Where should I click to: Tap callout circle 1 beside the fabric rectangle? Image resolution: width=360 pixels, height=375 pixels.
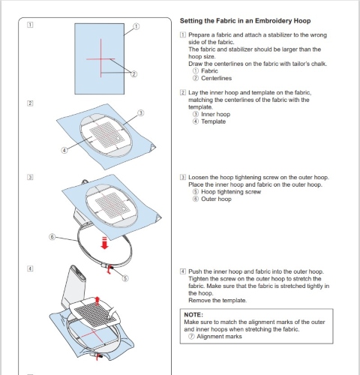tap(136, 26)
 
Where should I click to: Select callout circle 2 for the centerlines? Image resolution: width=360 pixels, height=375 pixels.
tap(134, 74)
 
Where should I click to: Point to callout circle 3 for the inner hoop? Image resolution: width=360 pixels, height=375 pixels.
tap(141, 113)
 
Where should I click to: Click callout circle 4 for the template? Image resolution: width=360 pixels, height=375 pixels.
tap(64, 150)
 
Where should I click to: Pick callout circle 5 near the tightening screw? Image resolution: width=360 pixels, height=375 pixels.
tap(125, 278)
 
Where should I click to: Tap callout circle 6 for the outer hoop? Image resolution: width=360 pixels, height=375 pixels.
tap(52, 237)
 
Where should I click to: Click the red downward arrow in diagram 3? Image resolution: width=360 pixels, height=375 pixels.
tap(104, 243)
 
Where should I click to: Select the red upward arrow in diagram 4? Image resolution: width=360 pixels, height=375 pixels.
tap(97, 301)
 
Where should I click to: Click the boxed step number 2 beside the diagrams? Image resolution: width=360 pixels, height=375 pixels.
tap(30, 103)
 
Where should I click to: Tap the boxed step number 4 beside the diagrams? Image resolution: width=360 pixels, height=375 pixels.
tap(30, 268)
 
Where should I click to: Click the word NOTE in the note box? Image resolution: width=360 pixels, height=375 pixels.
tap(193, 315)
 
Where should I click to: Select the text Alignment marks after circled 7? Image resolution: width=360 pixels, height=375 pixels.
tap(219, 337)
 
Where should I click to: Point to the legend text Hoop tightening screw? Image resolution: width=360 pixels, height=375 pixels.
tap(231, 192)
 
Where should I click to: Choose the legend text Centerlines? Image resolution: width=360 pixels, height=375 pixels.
tap(217, 78)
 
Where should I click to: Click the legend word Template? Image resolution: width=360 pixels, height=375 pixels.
tap(214, 121)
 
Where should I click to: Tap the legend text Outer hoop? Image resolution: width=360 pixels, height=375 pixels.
tap(216, 199)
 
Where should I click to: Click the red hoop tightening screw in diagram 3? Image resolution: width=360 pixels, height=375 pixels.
tap(109, 269)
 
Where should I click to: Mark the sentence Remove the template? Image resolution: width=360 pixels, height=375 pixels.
tap(217, 300)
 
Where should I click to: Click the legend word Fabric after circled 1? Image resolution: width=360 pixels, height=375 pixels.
tap(209, 71)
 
